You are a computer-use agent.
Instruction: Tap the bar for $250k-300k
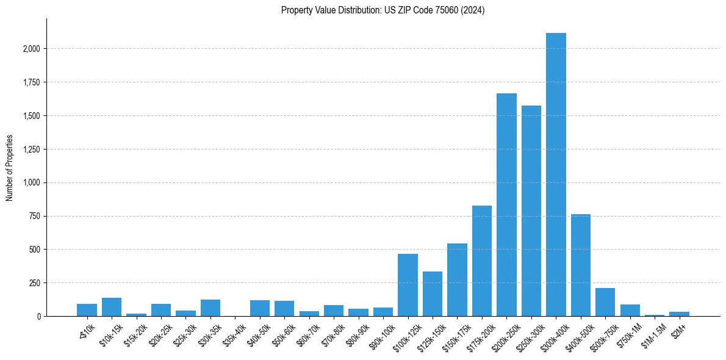[x=531, y=211]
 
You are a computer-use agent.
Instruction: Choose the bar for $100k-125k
[x=408, y=285]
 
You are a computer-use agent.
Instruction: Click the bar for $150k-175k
[x=457, y=280]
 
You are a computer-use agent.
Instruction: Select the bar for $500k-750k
[x=605, y=302]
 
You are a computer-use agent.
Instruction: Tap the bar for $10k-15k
[x=112, y=307]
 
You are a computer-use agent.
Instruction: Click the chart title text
[x=383, y=10]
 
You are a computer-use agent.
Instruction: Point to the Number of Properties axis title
[x=10, y=167]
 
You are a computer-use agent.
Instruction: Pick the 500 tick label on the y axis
[x=35, y=250]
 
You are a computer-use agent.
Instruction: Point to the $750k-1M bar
[x=630, y=311]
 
